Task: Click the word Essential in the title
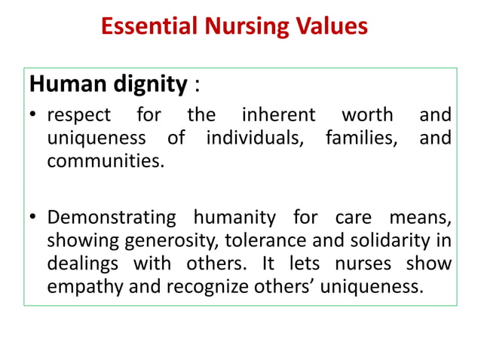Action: [146, 27]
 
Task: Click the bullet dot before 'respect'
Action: [32, 117]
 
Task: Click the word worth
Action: [367, 116]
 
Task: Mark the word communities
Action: [105, 160]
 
